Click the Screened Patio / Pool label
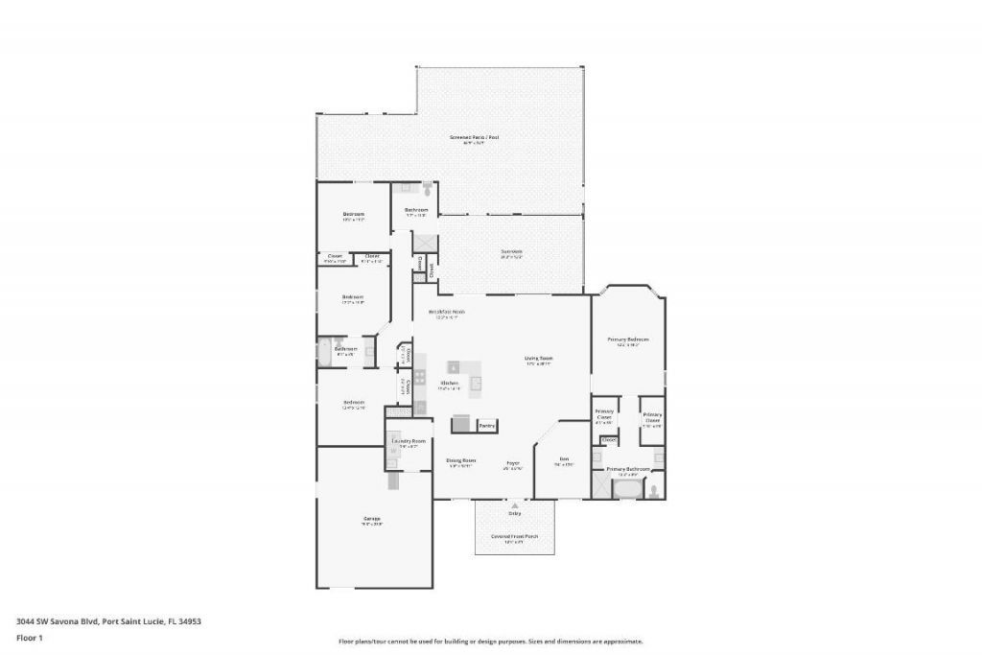click(x=474, y=138)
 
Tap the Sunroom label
click(x=511, y=252)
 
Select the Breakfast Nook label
click(x=447, y=313)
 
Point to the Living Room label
click(x=539, y=359)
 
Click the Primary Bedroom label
click(x=628, y=339)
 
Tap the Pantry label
click(x=487, y=425)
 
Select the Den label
click(x=565, y=460)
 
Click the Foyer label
click(x=513, y=462)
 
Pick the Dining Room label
click(x=461, y=461)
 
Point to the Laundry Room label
click(x=409, y=441)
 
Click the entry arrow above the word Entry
click(x=515, y=503)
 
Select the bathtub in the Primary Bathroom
click(x=628, y=490)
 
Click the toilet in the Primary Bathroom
click(x=654, y=490)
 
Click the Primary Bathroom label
click(x=628, y=470)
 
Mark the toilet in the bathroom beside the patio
click(x=427, y=190)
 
